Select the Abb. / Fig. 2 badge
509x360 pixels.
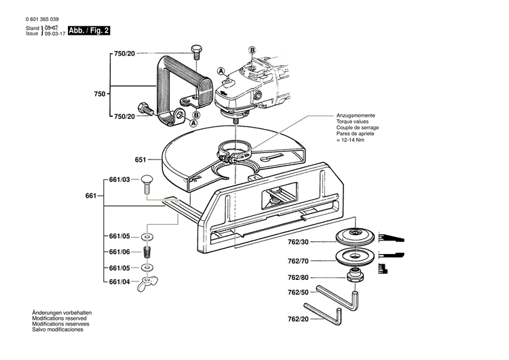click(88, 31)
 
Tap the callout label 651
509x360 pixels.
click(140, 160)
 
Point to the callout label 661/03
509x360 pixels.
click(120, 180)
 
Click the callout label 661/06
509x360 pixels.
click(120, 251)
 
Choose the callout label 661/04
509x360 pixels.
click(120, 281)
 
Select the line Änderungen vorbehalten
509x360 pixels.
click(62, 312)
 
